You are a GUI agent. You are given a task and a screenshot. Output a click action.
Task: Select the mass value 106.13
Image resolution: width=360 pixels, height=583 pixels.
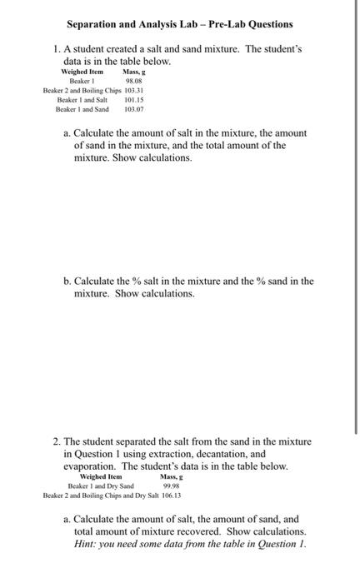pyautogui.click(x=172, y=495)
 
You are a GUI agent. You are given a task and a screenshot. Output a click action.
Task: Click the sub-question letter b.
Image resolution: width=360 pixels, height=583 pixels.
pyautogui.click(x=67, y=281)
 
